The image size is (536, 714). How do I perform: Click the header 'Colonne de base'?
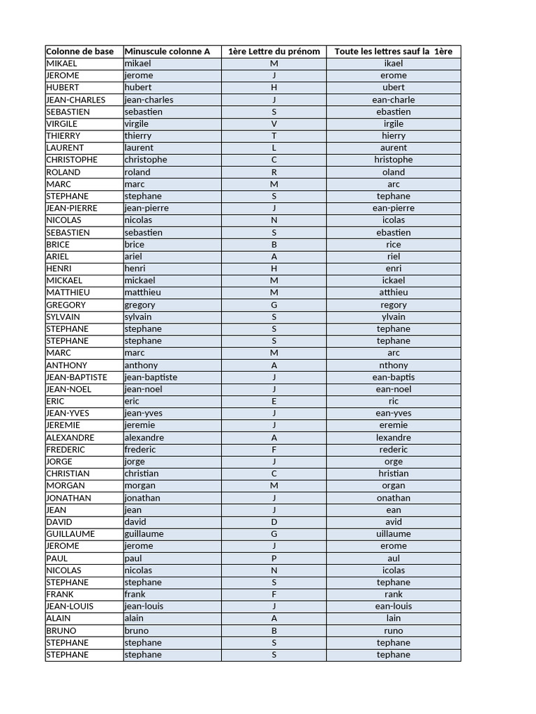pos(80,51)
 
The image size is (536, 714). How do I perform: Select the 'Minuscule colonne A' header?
pos(167,51)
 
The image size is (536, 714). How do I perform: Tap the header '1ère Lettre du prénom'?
pos(274,51)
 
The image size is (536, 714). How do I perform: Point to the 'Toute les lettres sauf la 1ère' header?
pos(394,51)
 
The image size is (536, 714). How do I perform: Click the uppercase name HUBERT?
pos(63,87)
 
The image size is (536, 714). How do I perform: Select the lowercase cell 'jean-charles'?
pos(149,100)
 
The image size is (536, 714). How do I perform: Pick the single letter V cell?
pos(274,123)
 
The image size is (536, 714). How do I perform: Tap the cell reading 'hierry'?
pos(394,136)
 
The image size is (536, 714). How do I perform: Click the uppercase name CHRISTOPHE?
pos(72,160)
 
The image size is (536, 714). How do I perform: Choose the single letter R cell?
pos(274,172)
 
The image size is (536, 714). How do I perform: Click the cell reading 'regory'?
pos(394,305)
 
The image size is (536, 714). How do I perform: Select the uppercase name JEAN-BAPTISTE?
pos(77,377)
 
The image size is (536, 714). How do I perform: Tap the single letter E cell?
pos(274,402)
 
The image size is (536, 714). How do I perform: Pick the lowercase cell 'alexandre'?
pos(144,438)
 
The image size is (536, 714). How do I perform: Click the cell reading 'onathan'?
pos(394,498)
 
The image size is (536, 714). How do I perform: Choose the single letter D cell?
pos(274,522)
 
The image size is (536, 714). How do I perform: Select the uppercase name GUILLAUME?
pos(70,534)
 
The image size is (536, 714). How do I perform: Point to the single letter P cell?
pos(274,559)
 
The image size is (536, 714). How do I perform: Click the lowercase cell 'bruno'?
pos(136,631)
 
